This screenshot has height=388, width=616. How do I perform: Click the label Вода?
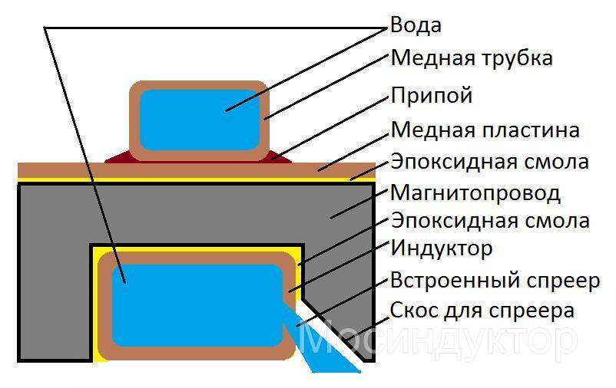pyautogui.click(x=416, y=25)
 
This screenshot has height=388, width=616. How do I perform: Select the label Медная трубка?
pyautogui.click(x=472, y=58)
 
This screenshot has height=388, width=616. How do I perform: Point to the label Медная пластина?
pyautogui.click(x=485, y=130)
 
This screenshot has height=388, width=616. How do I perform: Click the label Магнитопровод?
pyautogui.click(x=475, y=191)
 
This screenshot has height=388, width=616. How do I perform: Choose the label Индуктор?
pyautogui.click(x=442, y=248)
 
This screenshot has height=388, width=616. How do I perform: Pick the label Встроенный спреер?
pyautogui.click(x=495, y=280)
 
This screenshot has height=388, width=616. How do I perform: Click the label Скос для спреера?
pyautogui.click(x=482, y=311)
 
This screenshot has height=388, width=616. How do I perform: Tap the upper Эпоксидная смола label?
pyautogui.click(x=490, y=162)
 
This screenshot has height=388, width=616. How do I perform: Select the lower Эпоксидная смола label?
pyautogui.click(x=490, y=221)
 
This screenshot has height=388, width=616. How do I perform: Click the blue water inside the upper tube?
pyautogui.click(x=199, y=120)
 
